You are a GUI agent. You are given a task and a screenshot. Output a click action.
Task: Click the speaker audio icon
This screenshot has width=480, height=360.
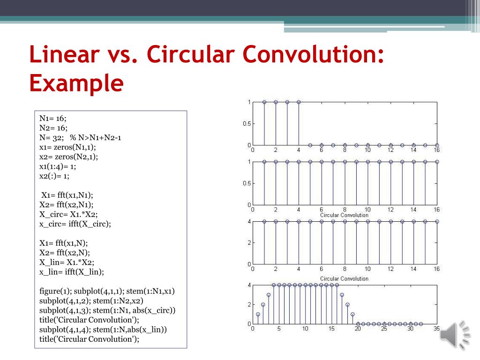(x=456, y=334)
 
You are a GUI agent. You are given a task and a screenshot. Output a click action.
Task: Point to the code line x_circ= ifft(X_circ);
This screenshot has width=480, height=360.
(x=75, y=224)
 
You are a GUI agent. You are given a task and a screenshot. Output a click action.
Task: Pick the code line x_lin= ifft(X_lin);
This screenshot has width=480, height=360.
(x=72, y=271)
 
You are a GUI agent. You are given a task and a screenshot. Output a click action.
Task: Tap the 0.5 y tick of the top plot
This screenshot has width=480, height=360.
(x=246, y=124)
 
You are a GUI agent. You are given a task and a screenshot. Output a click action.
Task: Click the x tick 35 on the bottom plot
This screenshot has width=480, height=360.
(x=437, y=329)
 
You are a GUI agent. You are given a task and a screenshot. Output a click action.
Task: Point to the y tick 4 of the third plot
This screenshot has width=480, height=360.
(x=249, y=221)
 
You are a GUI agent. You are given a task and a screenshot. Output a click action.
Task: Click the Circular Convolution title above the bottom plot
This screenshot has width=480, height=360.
(x=344, y=278)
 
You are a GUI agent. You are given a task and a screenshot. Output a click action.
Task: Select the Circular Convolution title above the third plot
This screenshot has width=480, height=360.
(x=344, y=215)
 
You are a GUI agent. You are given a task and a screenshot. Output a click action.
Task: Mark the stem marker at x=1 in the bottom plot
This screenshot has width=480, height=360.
(x=258, y=314)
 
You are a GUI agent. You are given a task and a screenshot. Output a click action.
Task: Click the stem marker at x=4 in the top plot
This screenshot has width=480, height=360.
(x=299, y=102)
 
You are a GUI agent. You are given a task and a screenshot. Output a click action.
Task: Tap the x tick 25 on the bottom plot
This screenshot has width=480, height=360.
(x=384, y=329)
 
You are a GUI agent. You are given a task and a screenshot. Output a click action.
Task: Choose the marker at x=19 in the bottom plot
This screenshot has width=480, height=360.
(x=352, y=314)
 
